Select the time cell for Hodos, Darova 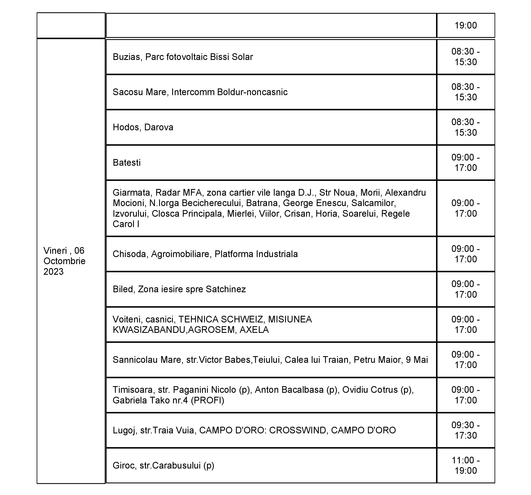[466, 127]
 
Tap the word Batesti [127, 163]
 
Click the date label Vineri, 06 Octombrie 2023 [64, 261]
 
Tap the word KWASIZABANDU [149, 330]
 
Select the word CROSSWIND [298, 430]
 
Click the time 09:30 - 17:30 [466, 430]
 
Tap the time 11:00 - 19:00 [466, 465]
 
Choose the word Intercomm [193, 92]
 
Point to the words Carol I [126, 224]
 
